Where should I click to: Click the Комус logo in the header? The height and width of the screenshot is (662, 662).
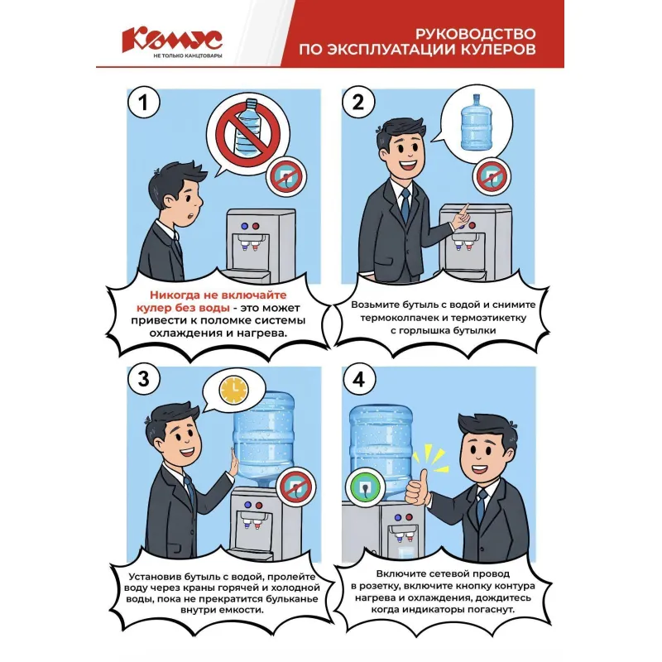[171, 39]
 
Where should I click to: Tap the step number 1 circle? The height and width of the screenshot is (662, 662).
[143, 103]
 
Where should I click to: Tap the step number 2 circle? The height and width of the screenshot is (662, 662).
[357, 103]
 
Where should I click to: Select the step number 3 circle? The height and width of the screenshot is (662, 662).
[143, 380]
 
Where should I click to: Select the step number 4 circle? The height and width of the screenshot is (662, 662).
[357, 380]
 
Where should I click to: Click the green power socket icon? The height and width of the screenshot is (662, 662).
[365, 487]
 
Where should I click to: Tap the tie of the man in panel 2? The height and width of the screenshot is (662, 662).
[405, 207]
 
